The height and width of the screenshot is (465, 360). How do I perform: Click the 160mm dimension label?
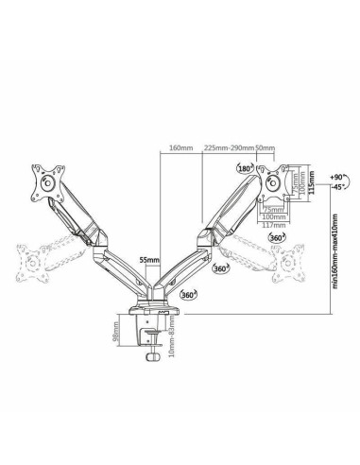point(180,147)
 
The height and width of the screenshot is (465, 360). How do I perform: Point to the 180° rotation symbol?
point(245,169)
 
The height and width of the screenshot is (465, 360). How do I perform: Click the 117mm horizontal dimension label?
point(274,226)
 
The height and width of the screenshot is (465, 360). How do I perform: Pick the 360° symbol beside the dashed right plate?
point(276,239)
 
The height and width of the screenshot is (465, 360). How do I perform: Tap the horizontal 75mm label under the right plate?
point(272,208)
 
